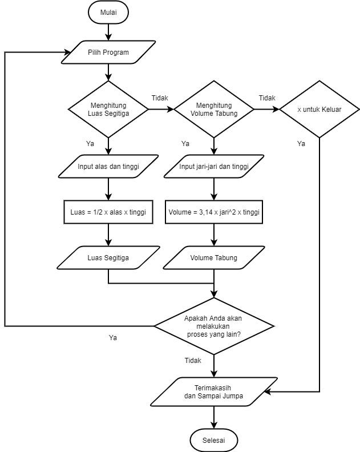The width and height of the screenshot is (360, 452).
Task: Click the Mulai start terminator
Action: [x=108, y=12]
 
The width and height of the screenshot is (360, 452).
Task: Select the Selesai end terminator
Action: [x=214, y=441]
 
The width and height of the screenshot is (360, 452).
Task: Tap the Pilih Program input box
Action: [x=108, y=52]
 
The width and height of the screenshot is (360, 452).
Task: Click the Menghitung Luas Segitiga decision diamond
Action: [x=108, y=109]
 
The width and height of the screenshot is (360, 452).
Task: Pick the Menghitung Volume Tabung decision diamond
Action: [x=214, y=109]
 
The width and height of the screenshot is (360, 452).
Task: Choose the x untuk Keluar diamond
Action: [x=319, y=109]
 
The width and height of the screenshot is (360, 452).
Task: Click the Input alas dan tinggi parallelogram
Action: [x=108, y=167]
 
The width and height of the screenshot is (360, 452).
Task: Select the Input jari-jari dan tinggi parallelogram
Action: [x=214, y=167]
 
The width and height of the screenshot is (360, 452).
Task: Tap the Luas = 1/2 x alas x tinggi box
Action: [x=108, y=212]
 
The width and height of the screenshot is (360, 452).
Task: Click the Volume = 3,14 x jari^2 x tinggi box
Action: [x=214, y=212]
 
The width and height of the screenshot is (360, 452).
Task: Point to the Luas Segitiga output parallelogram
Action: [x=108, y=257]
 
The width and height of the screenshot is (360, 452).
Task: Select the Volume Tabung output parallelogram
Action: [x=214, y=257]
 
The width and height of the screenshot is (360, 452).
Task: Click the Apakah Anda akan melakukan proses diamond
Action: [x=214, y=326]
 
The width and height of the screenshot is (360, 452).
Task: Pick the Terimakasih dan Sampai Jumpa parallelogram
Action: [x=214, y=392]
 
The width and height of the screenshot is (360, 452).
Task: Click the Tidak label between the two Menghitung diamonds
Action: [x=160, y=98]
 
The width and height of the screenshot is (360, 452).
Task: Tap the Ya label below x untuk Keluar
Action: [x=301, y=144]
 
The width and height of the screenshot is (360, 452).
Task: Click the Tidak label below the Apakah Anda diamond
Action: [x=193, y=361]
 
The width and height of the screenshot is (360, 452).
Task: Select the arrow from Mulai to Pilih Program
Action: [x=108, y=31]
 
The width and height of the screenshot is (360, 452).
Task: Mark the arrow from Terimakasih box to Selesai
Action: [x=214, y=418]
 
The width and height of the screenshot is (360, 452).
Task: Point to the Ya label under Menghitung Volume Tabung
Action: [x=185, y=144]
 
